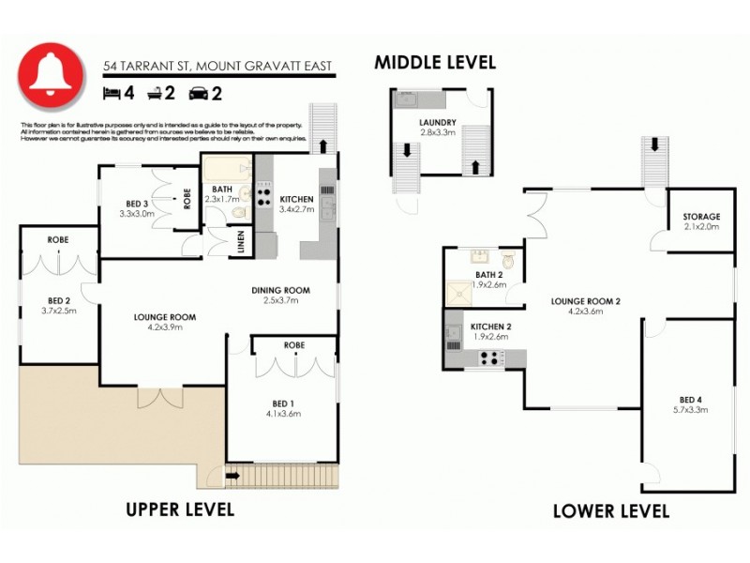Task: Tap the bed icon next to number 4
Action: (112, 92)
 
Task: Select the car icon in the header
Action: (199, 92)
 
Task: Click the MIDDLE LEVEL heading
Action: (435, 63)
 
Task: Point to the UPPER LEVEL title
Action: (180, 510)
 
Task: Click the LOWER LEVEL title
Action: (610, 511)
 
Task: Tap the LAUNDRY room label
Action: (438, 122)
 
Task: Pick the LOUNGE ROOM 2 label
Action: (586, 300)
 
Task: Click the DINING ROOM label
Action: (280, 290)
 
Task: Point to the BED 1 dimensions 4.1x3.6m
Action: (281, 413)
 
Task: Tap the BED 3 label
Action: (137, 204)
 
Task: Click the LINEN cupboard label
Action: (242, 242)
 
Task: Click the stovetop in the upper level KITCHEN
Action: (264, 197)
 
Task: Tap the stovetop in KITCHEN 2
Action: (490, 357)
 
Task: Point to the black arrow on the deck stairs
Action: (232, 475)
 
